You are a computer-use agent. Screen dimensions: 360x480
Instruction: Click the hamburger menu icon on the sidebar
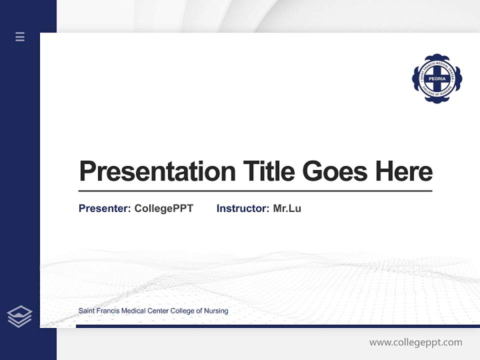(x=20, y=36)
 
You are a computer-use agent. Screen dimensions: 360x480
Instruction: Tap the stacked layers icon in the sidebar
(x=20, y=316)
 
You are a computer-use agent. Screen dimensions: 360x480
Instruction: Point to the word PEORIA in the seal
(x=437, y=79)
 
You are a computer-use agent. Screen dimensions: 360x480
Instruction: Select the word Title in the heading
(x=269, y=171)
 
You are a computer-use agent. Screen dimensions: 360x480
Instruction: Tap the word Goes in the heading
(x=335, y=171)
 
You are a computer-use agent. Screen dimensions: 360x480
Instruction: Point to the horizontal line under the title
(x=255, y=191)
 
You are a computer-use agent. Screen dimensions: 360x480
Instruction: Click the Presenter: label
(x=104, y=208)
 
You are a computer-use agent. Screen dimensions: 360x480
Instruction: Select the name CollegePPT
(x=163, y=208)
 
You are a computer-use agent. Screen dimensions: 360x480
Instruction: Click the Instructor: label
(x=242, y=208)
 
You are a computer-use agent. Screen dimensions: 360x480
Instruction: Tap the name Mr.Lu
(x=287, y=208)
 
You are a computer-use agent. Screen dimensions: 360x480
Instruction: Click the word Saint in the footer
(x=86, y=311)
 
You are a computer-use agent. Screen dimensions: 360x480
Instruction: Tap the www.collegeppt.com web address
(x=415, y=342)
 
